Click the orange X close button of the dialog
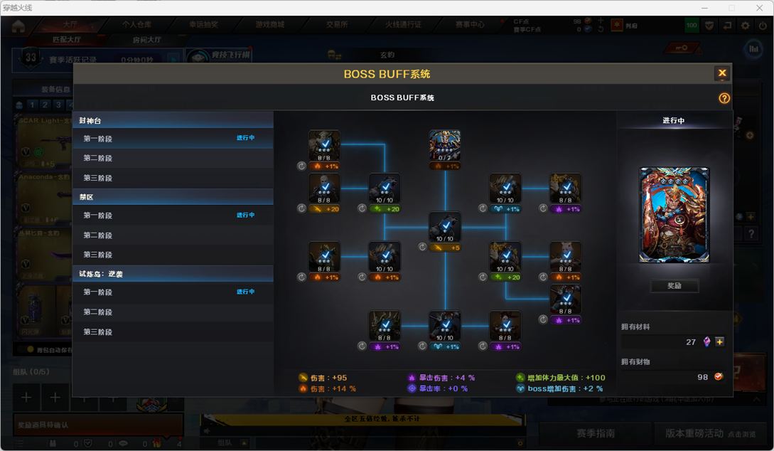click(x=722, y=73)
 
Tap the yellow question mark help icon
click(x=724, y=98)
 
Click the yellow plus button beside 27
click(x=720, y=342)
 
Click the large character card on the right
click(x=674, y=215)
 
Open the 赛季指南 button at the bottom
click(x=596, y=433)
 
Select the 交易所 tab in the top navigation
click(x=337, y=24)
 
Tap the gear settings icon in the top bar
click(x=745, y=26)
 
